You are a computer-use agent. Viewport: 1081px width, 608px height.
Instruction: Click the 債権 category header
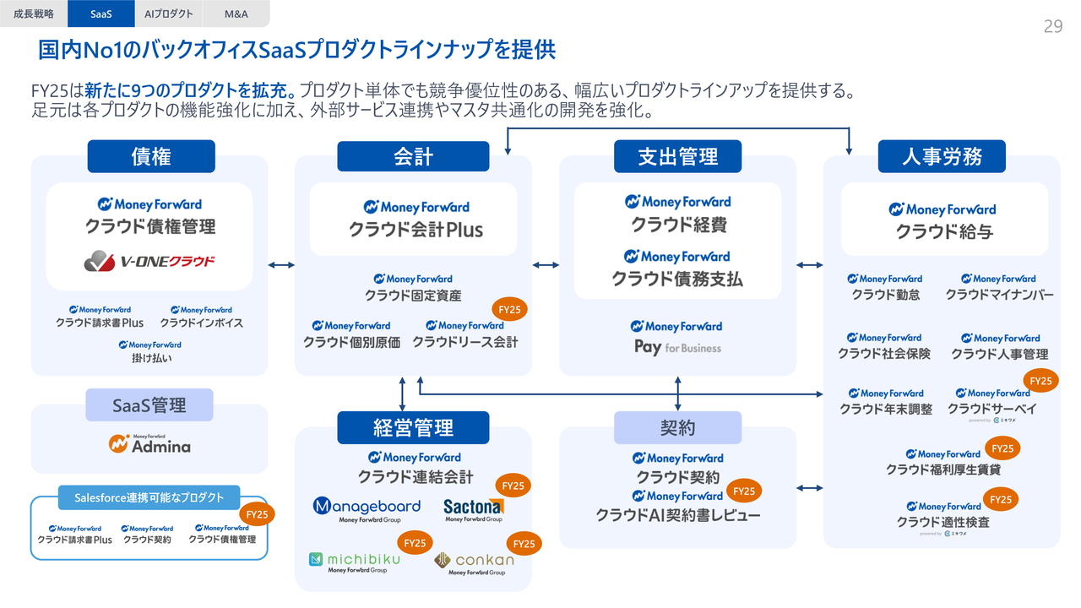[151, 156]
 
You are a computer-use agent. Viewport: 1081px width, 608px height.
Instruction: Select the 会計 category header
[413, 156]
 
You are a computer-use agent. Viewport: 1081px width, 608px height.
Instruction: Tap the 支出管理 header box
[677, 156]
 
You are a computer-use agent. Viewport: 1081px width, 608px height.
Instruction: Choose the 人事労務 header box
[942, 156]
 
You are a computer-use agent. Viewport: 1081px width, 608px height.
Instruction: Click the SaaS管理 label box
[149, 405]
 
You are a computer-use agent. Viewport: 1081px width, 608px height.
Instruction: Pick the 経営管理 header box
[413, 427]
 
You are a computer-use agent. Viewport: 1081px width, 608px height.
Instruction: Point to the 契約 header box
[677, 427]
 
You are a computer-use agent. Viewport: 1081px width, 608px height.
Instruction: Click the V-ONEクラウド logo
[149, 262]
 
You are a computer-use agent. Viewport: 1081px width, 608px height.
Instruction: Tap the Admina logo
[149, 443]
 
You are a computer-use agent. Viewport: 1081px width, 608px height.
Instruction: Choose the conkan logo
[474, 560]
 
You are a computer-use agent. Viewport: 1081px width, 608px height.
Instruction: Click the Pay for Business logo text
[677, 347]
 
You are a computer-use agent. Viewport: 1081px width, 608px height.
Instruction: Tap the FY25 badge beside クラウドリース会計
[509, 310]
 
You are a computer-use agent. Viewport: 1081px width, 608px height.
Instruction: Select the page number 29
[1052, 26]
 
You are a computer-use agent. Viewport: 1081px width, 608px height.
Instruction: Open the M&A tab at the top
[236, 14]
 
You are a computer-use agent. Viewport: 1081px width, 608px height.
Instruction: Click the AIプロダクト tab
[169, 14]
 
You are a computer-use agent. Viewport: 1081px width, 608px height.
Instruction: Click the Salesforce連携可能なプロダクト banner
[149, 497]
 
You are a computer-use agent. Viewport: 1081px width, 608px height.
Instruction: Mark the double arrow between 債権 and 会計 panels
[281, 265]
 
